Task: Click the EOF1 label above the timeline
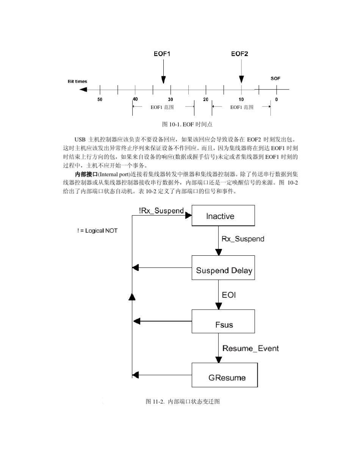tap(162, 54)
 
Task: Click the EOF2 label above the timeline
tap(239, 54)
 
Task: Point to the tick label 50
tap(100, 99)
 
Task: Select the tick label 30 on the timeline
tap(171, 99)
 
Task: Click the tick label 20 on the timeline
tap(206, 99)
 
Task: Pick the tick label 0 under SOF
tap(276, 99)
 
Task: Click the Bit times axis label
tap(77, 81)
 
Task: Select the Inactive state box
tap(223, 216)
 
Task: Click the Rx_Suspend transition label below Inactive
tap(243, 239)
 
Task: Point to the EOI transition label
tap(229, 294)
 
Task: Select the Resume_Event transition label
tap(250, 348)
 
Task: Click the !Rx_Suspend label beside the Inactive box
tap(161, 211)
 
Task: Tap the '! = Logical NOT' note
tap(97, 231)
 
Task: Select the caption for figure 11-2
tap(183, 401)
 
